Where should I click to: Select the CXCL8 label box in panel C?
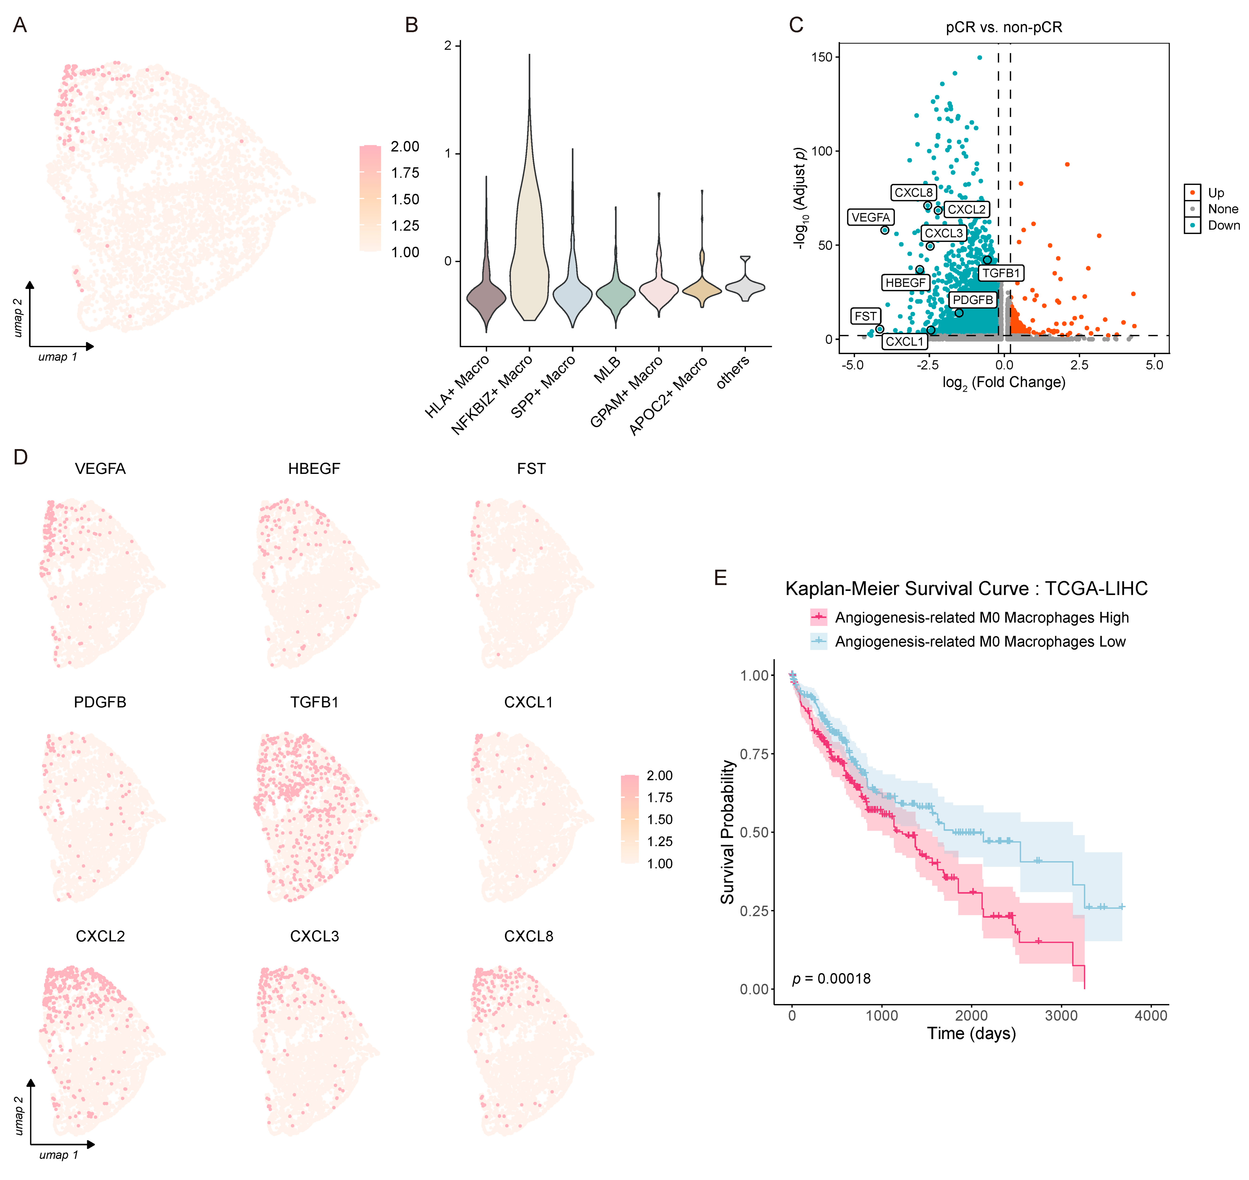pos(913,192)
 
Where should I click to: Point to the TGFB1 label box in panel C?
pos(1001,273)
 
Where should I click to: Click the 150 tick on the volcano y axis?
pos(821,57)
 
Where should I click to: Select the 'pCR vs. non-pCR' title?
pos(1004,27)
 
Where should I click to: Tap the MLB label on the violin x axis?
pos(607,370)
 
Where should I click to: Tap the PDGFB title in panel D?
pos(100,702)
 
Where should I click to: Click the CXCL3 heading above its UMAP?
pos(314,936)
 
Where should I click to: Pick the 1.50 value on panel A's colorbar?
pos(404,199)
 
